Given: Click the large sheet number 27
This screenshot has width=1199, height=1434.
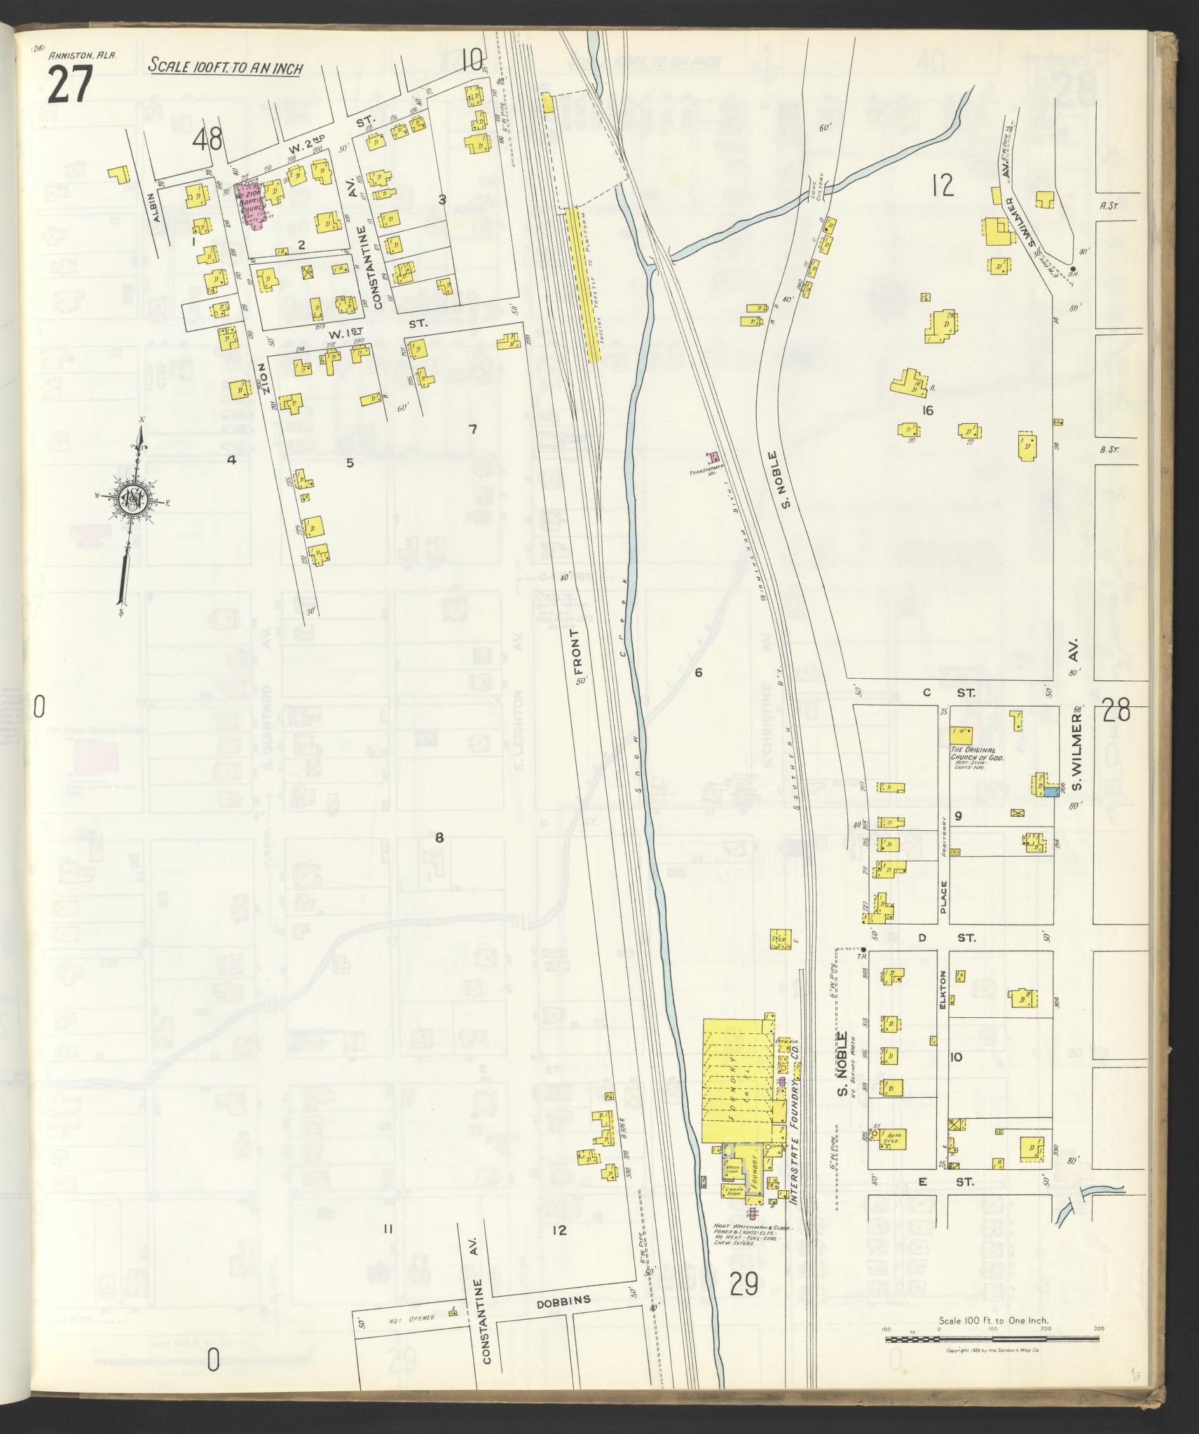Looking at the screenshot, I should tap(70, 85).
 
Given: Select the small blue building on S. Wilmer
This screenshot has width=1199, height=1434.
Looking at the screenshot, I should tap(1050, 792).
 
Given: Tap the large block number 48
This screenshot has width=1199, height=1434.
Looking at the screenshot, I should tap(208, 141).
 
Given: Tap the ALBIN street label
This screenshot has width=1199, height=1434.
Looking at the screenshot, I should tap(158, 208).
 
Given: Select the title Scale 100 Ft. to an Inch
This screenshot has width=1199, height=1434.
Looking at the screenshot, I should tap(225, 68).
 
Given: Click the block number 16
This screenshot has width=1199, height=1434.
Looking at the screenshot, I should tap(927, 411).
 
